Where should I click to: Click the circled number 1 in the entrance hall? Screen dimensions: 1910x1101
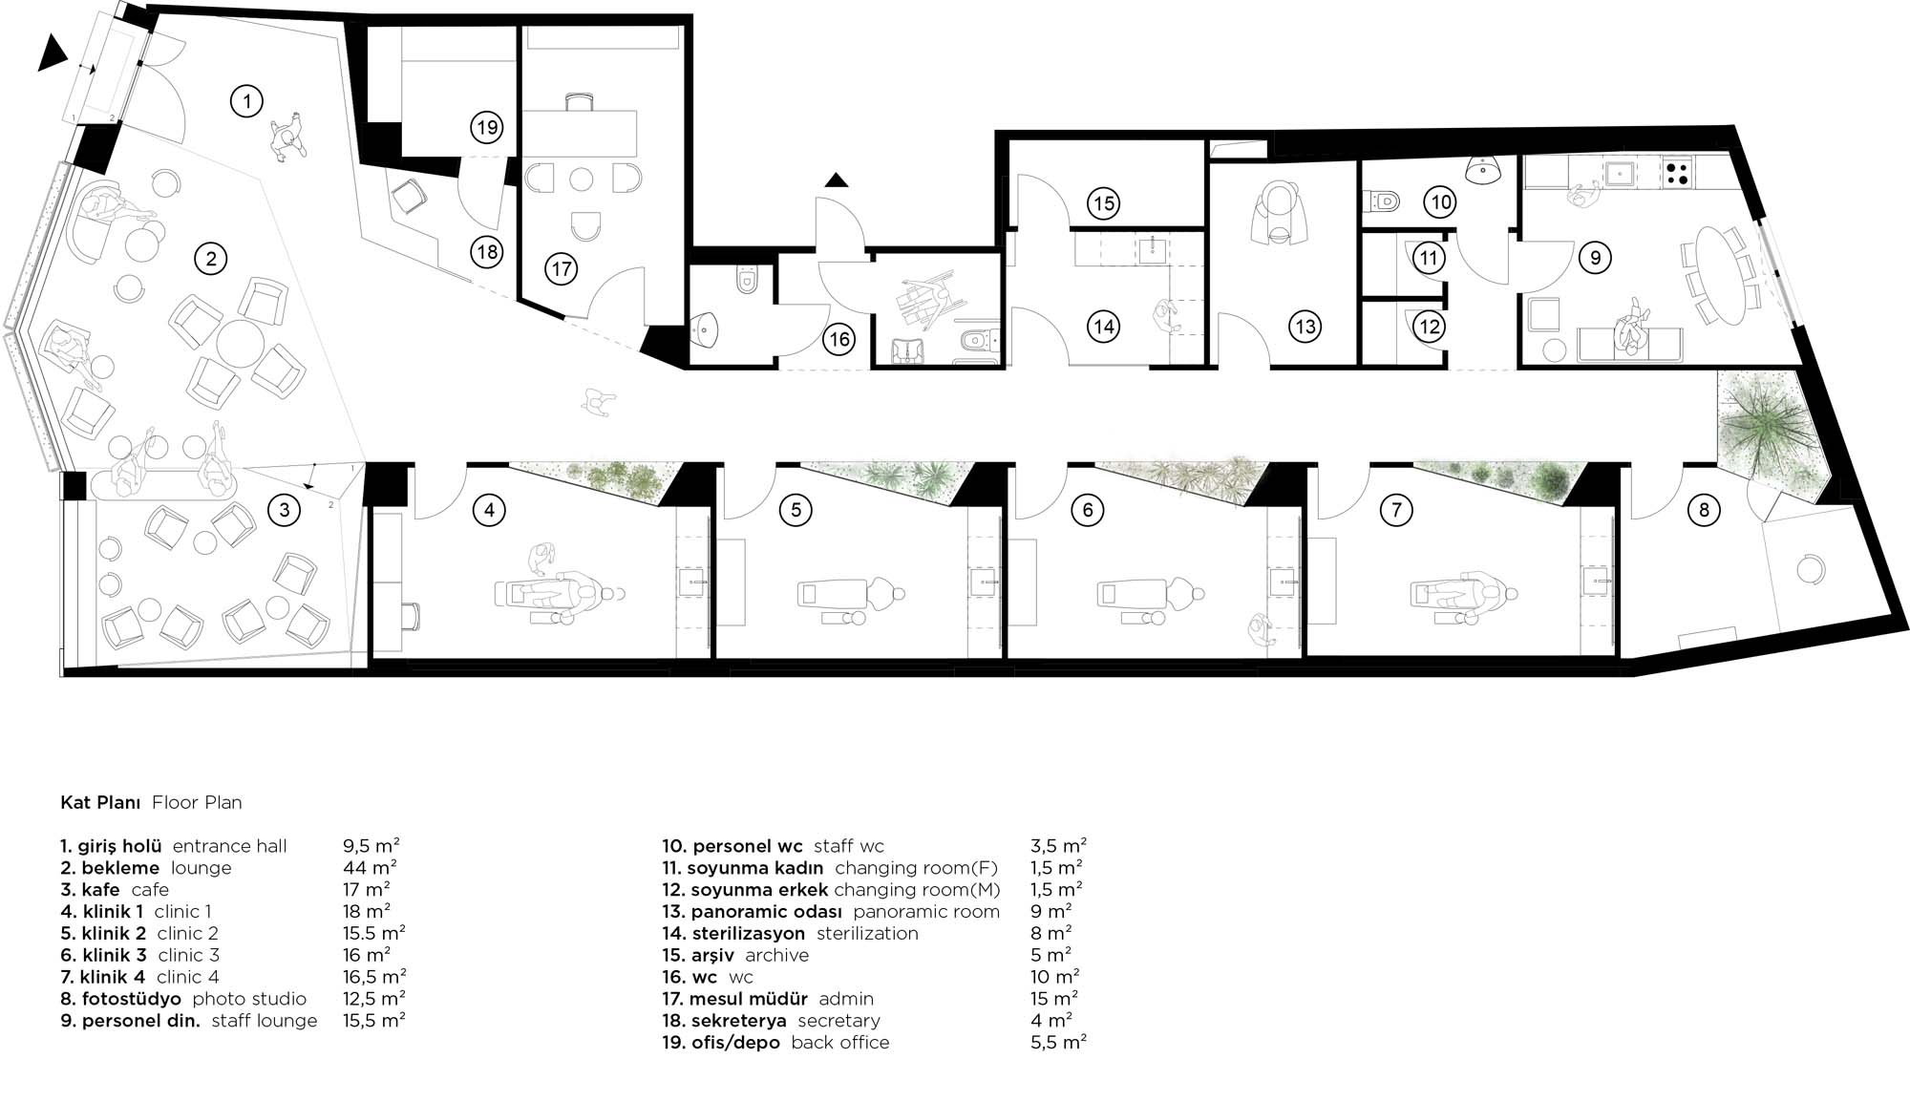coord(247,100)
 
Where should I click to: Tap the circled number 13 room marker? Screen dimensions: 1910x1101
coord(1305,327)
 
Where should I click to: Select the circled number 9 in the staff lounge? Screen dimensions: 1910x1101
coord(1595,257)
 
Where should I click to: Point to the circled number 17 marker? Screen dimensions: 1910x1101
coord(562,269)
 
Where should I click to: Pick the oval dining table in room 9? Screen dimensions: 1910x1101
coord(1715,274)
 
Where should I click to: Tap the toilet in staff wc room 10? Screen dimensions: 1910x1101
coord(1382,201)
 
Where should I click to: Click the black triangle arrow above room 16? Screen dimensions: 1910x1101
coord(838,180)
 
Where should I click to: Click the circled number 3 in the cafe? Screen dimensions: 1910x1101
coord(284,510)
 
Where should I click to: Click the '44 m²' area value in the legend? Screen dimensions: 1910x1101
coord(370,867)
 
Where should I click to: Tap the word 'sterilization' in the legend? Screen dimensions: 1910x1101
coord(867,933)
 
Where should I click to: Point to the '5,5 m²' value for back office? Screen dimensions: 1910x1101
coord(1059,1043)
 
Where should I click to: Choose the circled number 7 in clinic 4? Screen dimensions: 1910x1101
coord(1396,510)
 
